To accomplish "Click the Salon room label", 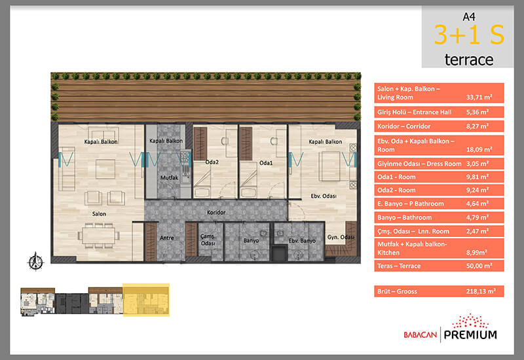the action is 100,214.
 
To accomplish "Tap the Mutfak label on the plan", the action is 170,177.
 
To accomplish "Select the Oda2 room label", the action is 212,162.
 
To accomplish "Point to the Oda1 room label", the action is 266,163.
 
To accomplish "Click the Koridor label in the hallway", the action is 216,212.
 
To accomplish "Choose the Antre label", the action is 167,238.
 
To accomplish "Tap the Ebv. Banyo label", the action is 302,240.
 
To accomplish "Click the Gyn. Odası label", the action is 341,237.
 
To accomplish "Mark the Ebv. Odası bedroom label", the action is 324,196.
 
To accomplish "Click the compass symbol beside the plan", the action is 35,261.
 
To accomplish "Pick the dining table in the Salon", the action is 99,236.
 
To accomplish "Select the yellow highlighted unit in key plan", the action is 146,300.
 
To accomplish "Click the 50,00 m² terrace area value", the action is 479,266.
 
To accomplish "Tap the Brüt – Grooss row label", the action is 397,291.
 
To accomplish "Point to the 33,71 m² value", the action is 479,97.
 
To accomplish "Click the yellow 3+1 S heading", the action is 469,35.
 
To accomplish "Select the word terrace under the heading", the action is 469,60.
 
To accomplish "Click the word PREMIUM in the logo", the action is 470,334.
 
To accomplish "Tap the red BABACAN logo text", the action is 420,334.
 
